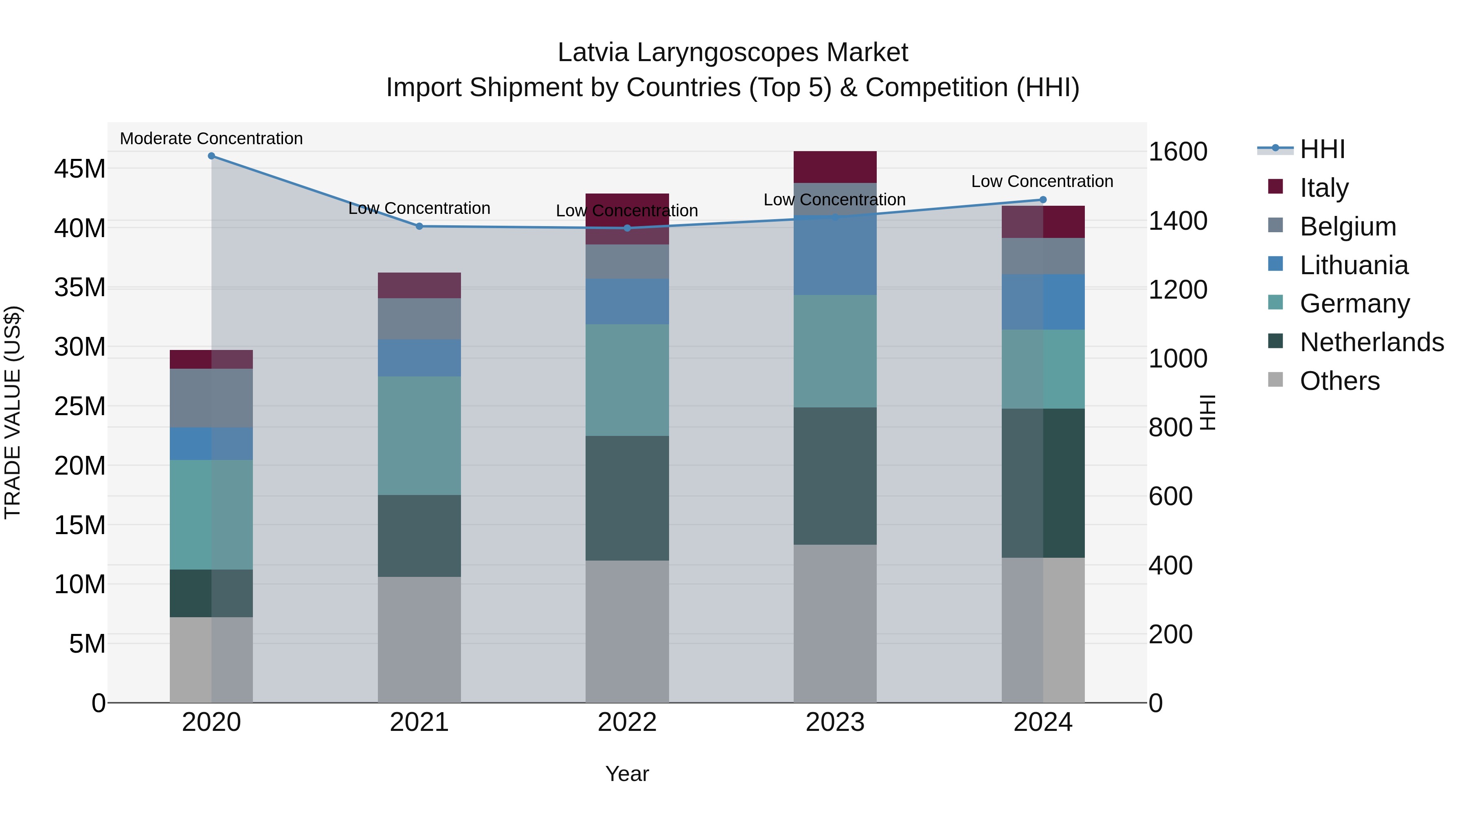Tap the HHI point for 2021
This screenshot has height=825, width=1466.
(419, 226)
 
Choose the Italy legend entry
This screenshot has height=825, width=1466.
(1324, 187)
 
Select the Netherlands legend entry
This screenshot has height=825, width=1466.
(1372, 342)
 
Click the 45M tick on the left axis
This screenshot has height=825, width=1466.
(80, 169)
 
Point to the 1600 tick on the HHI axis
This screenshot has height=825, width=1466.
(1177, 152)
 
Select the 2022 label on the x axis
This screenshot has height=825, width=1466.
(627, 722)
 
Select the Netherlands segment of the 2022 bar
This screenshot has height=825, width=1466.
(627, 498)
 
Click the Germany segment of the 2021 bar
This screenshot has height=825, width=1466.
(419, 436)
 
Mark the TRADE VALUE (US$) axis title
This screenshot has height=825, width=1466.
(13, 412)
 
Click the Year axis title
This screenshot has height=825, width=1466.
(627, 774)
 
